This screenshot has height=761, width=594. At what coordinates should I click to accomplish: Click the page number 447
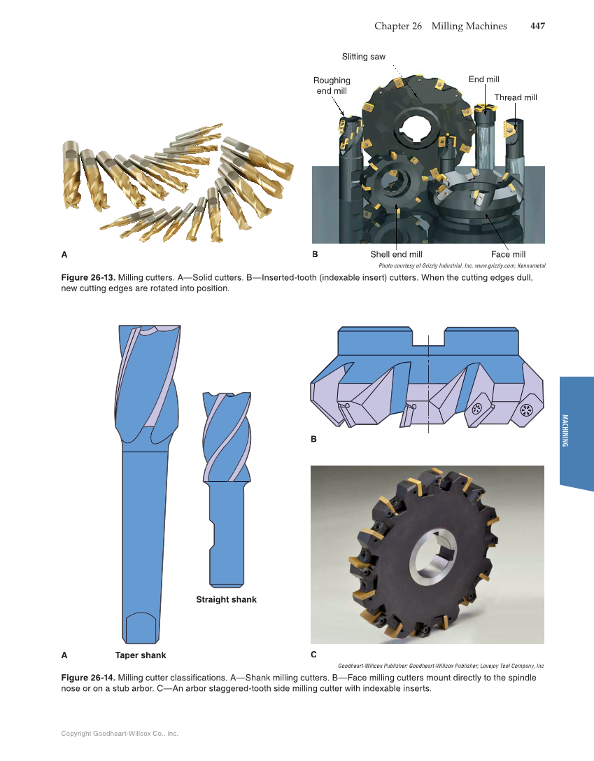(537, 26)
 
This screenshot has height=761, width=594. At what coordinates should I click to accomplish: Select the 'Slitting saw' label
(363, 56)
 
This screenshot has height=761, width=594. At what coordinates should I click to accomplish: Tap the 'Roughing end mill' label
(332, 85)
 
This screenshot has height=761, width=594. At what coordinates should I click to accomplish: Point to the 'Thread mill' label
(516, 97)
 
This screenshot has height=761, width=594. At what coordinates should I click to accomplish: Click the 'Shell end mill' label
(396, 254)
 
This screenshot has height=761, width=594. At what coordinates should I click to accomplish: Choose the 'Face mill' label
(508, 254)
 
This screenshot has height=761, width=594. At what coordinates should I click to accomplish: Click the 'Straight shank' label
(226, 599)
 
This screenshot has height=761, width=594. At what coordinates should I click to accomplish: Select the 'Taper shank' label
(141, 655)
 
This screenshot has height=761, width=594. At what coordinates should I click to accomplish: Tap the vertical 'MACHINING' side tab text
(565, 431)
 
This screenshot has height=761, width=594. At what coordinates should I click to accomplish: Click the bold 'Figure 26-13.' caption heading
(88, 278)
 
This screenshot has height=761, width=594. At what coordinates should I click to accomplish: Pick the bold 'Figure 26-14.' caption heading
(88, 678)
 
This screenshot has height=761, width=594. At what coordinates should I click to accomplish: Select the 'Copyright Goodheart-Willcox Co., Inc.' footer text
(120, 734)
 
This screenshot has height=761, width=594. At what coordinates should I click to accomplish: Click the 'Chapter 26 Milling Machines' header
(440, 26)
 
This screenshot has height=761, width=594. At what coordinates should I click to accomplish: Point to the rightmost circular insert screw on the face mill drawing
(527, 410)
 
